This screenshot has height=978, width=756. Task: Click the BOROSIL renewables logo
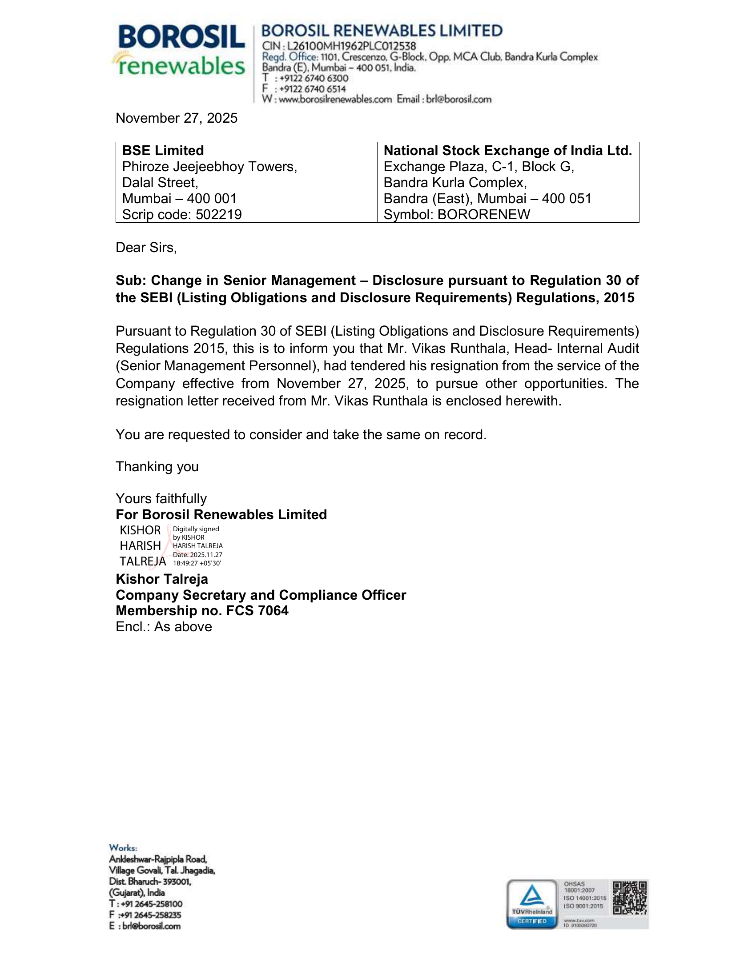pos(181,50)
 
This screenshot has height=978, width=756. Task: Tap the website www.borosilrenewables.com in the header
pos(335,100)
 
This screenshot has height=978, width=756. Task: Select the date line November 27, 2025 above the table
pos(177,118)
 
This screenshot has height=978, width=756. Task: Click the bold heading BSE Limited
pos(163,150)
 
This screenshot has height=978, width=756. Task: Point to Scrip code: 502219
pos(182,215)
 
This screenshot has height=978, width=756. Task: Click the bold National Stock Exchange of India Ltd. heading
pos(507,150)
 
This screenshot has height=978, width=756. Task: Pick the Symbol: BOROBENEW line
pos(457,215)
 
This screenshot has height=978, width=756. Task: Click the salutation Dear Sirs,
pos(146,248)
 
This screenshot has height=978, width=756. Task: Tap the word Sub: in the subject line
pos(131,281)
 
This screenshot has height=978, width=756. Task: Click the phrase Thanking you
pos(157,467)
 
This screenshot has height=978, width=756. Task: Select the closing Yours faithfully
pos(161,498)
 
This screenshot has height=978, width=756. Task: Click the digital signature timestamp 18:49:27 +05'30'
pos(197,563)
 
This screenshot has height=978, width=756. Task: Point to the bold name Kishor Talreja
pos(162,579)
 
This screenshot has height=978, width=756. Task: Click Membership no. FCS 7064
pos(202,611)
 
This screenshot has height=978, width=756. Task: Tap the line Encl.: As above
pos(164,626)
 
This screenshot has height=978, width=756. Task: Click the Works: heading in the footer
pos(123,848)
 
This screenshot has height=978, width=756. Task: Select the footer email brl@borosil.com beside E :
pos(151,926)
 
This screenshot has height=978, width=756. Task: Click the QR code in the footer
pos(629,898)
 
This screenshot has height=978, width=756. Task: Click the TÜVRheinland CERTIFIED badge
pos(532,904)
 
